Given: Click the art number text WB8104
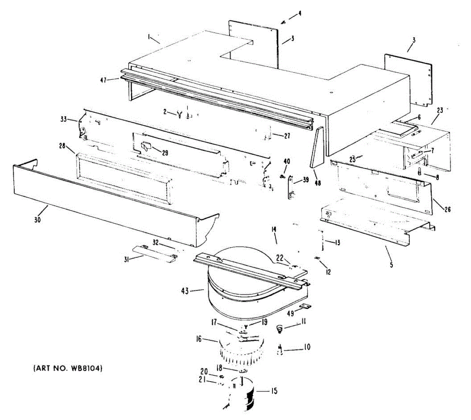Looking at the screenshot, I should tap(69, 369).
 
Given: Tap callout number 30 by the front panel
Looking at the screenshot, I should tap(37, 220).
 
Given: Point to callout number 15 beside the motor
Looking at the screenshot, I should tap(274, 391).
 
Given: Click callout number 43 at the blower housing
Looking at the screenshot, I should tap(185, 291).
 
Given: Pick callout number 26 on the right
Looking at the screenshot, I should tap(447, 209).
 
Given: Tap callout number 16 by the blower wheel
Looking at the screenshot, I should tap(199, 339).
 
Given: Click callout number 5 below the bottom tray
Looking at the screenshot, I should tap(391, 265).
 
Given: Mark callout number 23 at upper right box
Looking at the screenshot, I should tap(440, 110).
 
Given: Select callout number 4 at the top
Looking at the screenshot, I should tap(299, 13).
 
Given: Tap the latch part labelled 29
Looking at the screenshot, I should tap(146, 146).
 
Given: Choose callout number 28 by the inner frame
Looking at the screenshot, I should tap(62, 146).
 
